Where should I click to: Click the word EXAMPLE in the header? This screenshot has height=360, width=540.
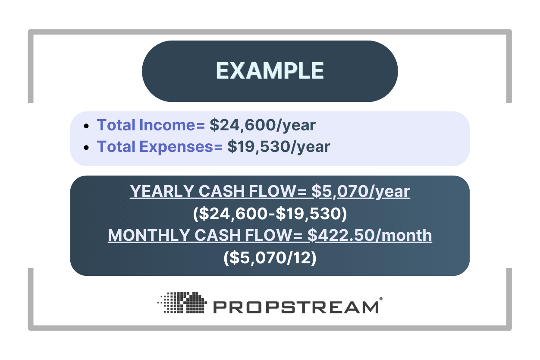(270, 71)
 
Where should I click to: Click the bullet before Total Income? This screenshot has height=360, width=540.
(87, 126)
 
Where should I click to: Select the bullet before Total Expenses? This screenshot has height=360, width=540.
(87, 148)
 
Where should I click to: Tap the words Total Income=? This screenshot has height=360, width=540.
(151, 125)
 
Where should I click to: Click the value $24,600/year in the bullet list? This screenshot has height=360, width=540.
(263, 125)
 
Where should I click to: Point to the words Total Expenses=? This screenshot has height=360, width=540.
(160, 147)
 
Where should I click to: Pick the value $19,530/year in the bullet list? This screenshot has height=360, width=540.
(279, 147)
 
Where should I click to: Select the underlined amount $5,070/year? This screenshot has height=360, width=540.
(361, 192)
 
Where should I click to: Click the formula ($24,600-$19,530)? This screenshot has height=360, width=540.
(270, 214)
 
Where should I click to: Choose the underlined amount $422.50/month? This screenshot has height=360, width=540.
(370, 236)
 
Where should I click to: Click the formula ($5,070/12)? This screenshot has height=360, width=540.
(270, 258)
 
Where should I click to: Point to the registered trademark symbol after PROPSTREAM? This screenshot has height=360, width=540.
(380, 299)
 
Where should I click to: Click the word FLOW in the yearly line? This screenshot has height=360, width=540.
(275, 192)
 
